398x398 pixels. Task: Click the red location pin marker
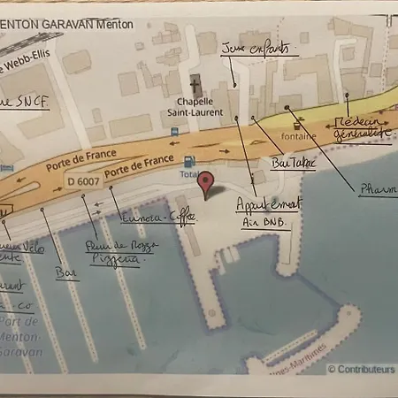[x=207, y=184]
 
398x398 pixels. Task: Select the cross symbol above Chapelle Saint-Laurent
[x=196, y=88]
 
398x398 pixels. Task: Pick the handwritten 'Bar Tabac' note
[x=291, y=164]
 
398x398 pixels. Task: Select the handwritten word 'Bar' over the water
[x=65, y=275]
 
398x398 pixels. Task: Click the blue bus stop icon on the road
[x=176, y=131]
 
